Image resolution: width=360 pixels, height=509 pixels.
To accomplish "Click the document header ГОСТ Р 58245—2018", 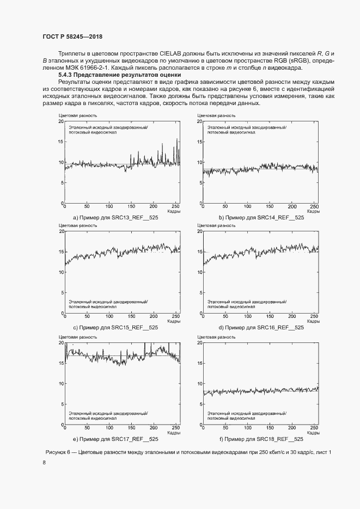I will coord(72,36).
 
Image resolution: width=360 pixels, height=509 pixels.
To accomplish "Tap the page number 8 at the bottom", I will coord(44,463).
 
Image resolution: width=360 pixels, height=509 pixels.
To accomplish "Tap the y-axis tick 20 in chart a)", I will coord(61,121).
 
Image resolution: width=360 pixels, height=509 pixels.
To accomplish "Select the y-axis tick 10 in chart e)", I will coord(61,384).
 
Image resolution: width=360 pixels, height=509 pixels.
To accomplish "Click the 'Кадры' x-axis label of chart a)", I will coord(174,211).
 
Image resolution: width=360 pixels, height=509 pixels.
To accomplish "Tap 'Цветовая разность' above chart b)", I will coord(216,115).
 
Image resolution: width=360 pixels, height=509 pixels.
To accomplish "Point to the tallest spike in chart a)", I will coord(177,139).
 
